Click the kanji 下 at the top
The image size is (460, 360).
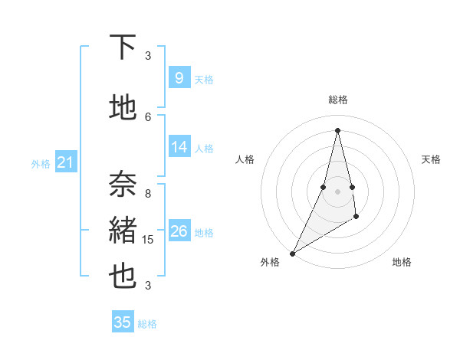pyautogui.click(x=123, y=47)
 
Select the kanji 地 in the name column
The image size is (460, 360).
pyautogui.click(x=123, y=108)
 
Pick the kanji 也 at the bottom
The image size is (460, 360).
pyautogui.click(x=123, y=277)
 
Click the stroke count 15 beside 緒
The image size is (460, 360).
pyautogui.click(x=149, y=240)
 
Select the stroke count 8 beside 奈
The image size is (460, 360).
pyautogui.click(x=148, y=193)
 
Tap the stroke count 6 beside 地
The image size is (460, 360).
pyautogui.click(x=148, y=116)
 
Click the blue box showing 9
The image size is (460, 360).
pyautogui.click(x=179, y=77)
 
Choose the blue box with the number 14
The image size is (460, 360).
pyautogui.click(x=179, y=147)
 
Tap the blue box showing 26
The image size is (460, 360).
pyautogui.click(x=179, y=231)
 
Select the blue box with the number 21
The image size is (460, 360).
pyautogui.click(x=65, y=162)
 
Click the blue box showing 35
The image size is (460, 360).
pyautogui.click(x=123, y=322)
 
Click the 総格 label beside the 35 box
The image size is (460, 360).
pyautogui.click(x=147, y=324)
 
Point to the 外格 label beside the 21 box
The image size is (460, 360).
pyautogui.click(x=41, y=163)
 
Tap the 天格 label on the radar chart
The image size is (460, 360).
pyautogui.click(x=431, y=159)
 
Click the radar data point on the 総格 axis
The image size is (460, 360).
pyautogui.click(x=337, y=129)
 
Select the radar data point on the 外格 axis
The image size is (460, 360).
pyautogui.click(x=292, y=253)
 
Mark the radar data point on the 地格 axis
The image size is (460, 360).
pyautogui.click(x=356, y=218)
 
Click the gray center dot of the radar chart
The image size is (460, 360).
pyautogui.click(x=337, y=191)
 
